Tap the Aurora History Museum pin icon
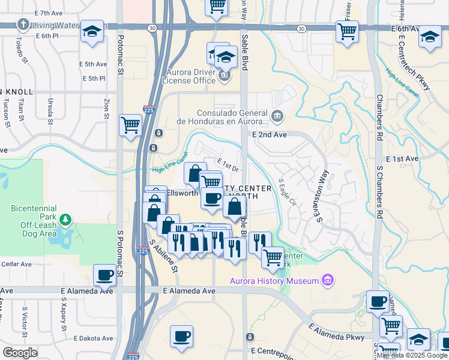(327, 280)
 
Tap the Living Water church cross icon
(23, 25)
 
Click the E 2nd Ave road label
(270, 135)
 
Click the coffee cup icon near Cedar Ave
(105, 275)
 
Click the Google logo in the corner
(20, 353)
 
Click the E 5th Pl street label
(92, 78)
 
